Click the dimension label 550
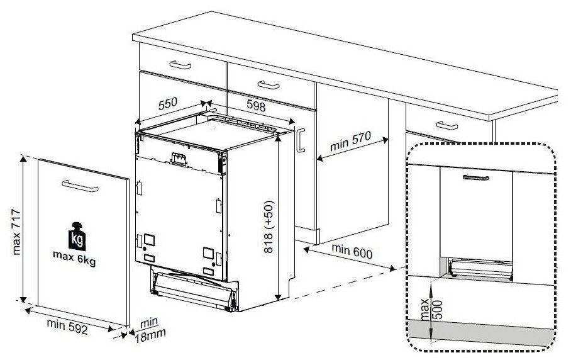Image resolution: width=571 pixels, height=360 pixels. pyautogui.click(x=168, y=103)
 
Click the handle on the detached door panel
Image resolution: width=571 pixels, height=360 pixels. pyautogui.click(x=79, y=185)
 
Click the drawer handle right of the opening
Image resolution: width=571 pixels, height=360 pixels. pyautogui.click(x=448, y=125)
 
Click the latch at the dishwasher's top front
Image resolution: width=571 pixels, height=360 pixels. pyautogui.click(x=179, y=158)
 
